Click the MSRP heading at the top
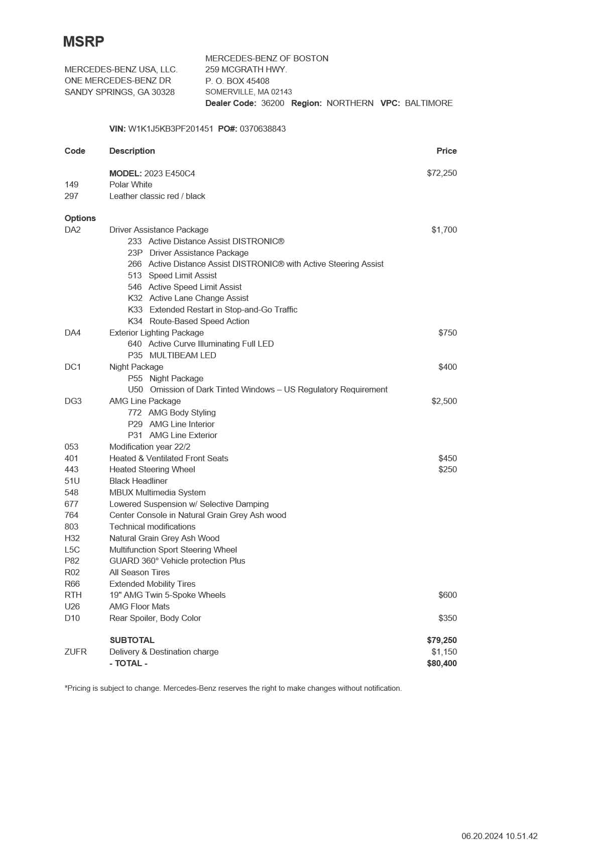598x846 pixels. (83, 42)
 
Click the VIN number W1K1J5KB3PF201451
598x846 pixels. (171, 129)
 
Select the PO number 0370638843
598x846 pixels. (263, 129)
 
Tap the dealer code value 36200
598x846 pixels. (273, 103)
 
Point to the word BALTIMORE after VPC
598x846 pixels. (429, 103)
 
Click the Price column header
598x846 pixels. (446, 151)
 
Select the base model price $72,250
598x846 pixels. (442, 173)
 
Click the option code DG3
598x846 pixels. (73, 401)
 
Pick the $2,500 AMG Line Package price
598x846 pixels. (444, 401)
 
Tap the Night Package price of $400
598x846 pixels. (447, 367)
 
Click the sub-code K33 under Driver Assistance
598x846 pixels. (135, 309)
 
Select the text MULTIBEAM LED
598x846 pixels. (183, 355)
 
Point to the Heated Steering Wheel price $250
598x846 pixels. (447, 469)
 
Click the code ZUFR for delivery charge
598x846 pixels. (75, 652)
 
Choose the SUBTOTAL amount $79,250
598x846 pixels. (442, 640)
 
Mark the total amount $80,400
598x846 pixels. (442, 663)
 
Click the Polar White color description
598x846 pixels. (131, 184)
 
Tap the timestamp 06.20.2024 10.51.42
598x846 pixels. (500, 836)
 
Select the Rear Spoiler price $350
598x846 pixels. (447, 618)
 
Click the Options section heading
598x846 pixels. (80, 218)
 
